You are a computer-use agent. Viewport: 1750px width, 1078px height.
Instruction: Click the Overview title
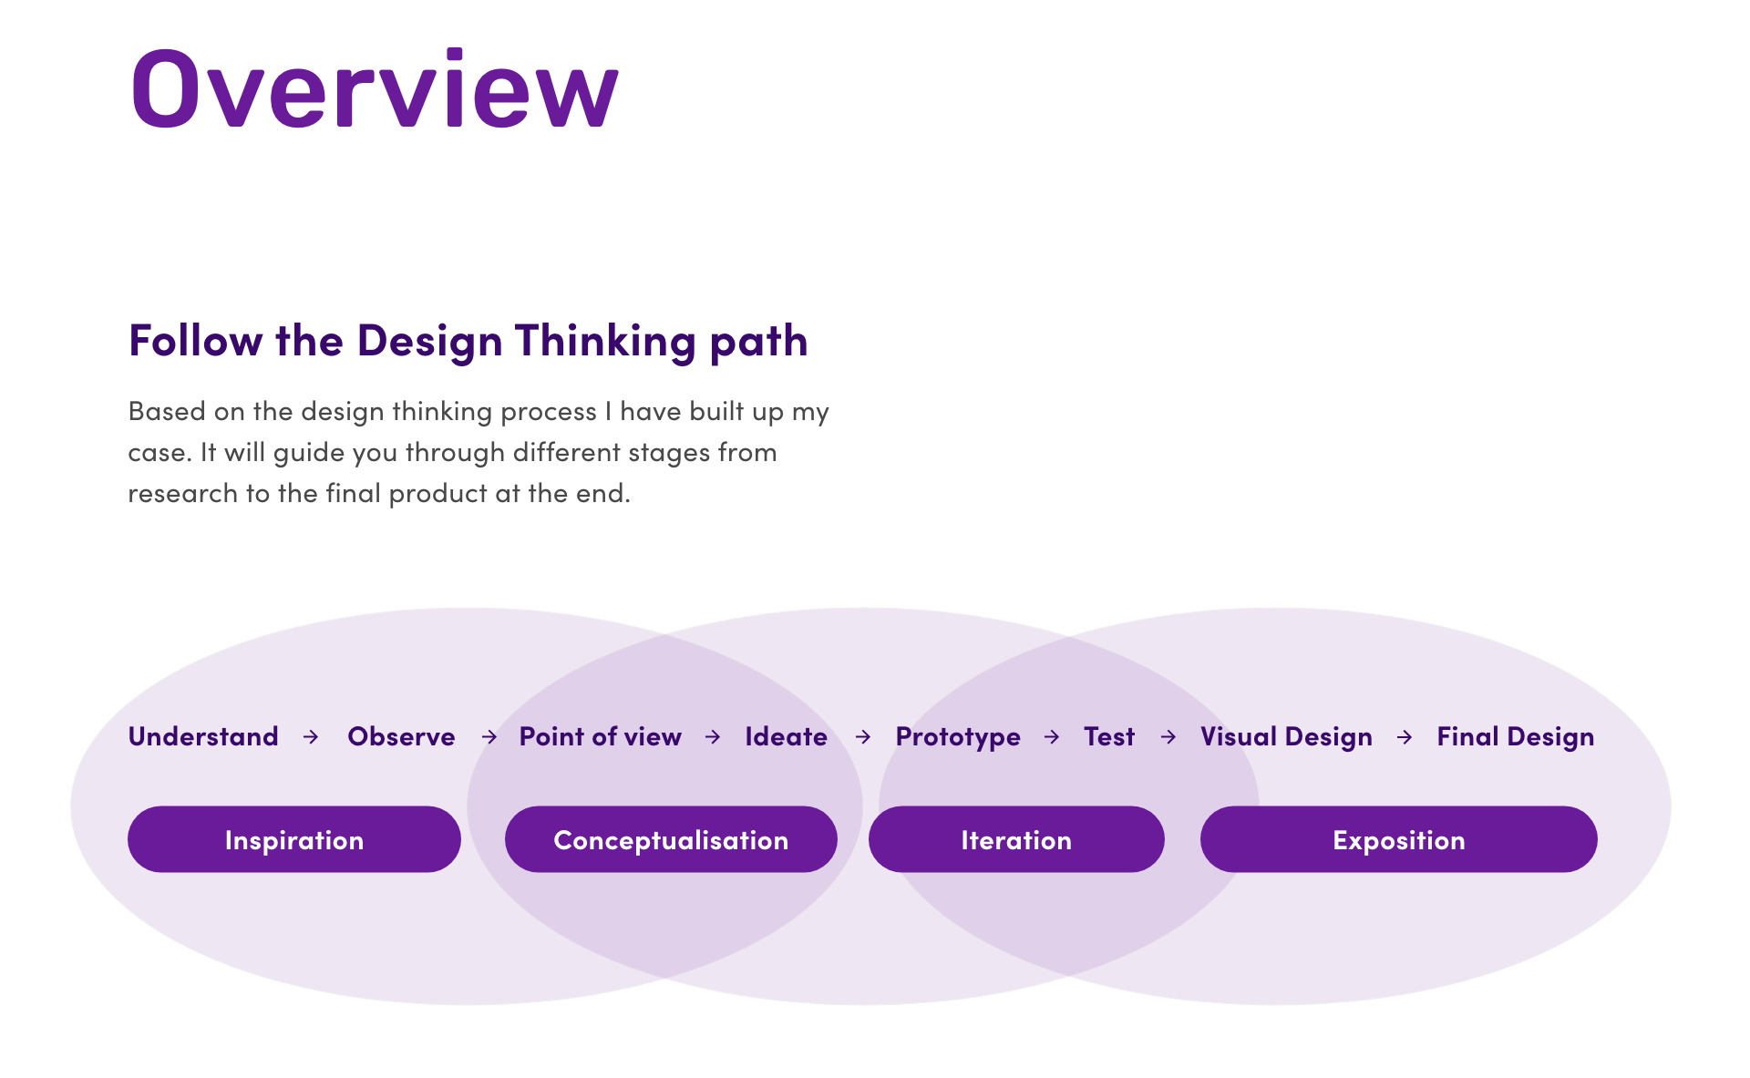pyautogui.click(x=375, y=89)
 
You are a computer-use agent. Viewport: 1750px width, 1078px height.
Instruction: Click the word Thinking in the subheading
pyautogui.click(x=605, y=341)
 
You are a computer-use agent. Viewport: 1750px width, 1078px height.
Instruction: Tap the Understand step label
pyautogui.click(x=203, y=736)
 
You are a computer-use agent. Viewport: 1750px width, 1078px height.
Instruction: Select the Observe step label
pyautogui.click(x=401, y=736)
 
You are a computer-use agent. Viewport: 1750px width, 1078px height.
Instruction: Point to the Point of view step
pyautogui.click(x=600, y=736)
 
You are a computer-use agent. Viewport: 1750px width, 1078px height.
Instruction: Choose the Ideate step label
pyautogui.click(x=786, y=736)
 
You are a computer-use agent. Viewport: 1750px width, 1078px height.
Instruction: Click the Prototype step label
pyautogui.click(x=957, y=736)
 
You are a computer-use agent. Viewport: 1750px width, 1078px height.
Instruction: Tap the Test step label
pyautogui.click(x=1108, y=736)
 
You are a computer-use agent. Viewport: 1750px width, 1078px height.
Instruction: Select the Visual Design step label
pyautogui.click(x=1285, y=736)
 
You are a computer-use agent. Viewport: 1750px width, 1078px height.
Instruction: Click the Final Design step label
pyautogui.click(x=1515, y=736)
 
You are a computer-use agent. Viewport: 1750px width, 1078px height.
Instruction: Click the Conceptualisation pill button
pyautogui.click(x=671, y=839)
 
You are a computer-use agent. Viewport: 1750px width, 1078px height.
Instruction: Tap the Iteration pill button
pyautogui.click(x=1016, y=839)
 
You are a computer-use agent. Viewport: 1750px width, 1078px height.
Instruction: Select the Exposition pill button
pyautogui.click(x=1398, y=839)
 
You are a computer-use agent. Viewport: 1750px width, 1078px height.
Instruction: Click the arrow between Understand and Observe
pyautogui.click(x=311, y=736)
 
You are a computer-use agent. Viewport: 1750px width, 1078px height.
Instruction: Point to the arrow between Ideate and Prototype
pyautogui.click(x=863, y=736)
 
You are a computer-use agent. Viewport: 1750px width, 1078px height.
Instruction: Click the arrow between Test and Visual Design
pyautogui.click(x=1168, y=736)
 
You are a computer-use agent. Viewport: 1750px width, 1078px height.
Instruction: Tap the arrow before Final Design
pyautogui.click(x=1405, y=736)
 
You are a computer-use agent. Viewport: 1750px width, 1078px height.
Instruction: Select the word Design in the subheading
pyautogui.click(x=429, y=341)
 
